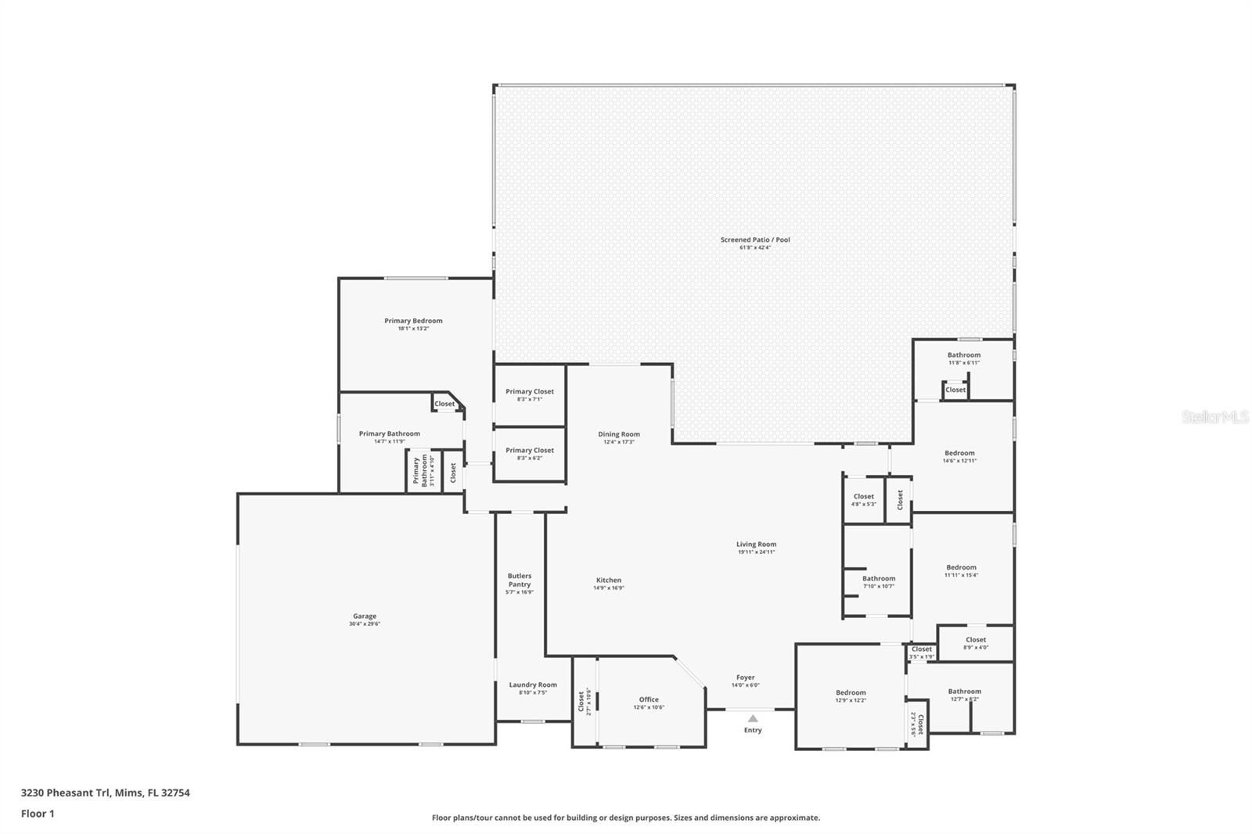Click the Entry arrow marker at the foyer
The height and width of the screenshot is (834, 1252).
(752, 718)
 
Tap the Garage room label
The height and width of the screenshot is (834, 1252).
(364, 617)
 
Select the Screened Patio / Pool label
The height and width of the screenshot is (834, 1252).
(755, 239)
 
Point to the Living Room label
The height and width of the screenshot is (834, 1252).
(756, 545)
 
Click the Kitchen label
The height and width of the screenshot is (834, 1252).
(608, 581)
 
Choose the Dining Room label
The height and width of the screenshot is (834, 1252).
(619, 434)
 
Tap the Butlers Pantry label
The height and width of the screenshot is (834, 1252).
(520, 580)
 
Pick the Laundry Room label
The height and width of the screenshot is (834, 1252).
(533, 685)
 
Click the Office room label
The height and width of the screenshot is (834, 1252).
(649, 699)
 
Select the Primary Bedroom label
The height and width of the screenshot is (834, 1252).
(413, 321)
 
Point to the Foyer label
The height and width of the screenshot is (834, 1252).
(745, 678)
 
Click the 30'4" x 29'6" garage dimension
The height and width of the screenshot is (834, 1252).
(364, 624)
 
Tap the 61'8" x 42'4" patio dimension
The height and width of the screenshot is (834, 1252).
(755, 248)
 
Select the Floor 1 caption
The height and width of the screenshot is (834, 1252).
(38, 814)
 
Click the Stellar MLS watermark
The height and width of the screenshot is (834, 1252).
(1214, 417)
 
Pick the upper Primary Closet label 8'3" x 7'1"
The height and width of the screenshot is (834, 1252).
(530, 391)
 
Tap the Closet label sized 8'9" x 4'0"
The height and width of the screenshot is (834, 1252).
(976, 640)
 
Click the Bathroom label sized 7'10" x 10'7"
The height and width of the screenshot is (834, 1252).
(879, 579)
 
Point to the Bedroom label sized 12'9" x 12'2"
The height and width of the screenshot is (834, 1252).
(851, 692)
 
